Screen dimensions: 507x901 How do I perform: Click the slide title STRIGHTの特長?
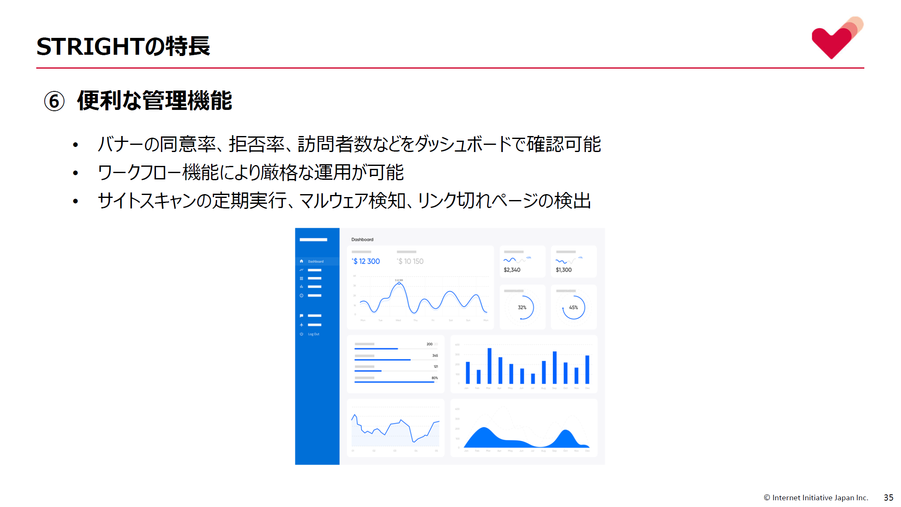click(123, 46)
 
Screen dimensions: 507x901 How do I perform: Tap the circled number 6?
click(54, 101)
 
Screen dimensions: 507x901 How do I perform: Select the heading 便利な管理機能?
click(155, 101)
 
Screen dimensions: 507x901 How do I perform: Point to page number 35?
click(888, 498)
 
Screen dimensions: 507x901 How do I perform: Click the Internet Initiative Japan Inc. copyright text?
click(816, 498)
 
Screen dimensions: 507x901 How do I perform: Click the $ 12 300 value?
click(366, 262)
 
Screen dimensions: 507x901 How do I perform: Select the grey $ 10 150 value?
click(410, 262)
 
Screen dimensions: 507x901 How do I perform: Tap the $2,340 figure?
click(512, 270)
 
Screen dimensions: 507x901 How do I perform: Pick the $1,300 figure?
click(563, 270)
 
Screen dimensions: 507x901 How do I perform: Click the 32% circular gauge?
click(522, 307)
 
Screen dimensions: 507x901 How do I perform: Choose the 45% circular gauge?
click(574, 307)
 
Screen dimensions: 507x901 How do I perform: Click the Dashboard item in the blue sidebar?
click(316, 262)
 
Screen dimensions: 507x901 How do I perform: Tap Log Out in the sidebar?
click(314, 334)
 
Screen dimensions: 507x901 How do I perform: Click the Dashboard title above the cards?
click(362, 240)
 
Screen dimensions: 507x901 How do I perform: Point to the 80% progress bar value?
click(434, 378)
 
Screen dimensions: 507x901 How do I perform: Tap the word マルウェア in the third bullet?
click(333, 201)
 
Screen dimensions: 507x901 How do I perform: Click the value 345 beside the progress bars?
click(435, 356)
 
